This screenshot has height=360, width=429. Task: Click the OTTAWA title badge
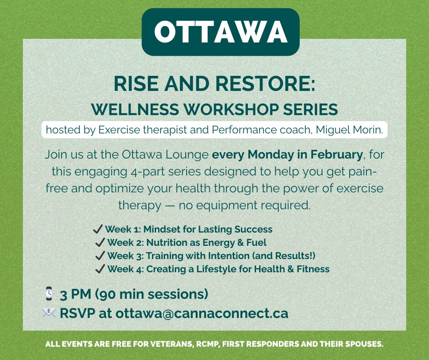coord(220,32)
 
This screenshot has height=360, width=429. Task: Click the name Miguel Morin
coord(350,130)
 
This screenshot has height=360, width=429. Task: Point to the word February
coord(336,154)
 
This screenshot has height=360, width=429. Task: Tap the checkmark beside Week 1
coord(98,229)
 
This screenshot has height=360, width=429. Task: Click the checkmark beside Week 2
coord(100,242)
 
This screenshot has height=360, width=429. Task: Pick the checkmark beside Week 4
coord(100,269)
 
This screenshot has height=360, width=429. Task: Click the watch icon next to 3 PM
coord(49,293)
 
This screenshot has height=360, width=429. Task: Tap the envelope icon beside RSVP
coord(49,313)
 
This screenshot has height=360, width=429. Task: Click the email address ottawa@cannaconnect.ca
coord(202,313)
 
